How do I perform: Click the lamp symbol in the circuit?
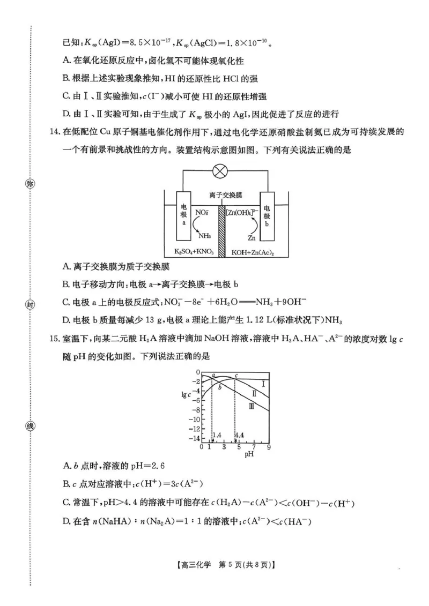coord(220,171)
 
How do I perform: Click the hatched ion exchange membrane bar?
coord(221,230)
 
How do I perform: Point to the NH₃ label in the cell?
coord(204,236)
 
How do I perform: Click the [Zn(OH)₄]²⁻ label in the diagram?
coord(242,213)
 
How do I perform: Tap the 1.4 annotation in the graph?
coord(217,435)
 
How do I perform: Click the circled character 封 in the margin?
coord(30,305)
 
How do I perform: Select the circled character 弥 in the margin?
coord(30,184)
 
